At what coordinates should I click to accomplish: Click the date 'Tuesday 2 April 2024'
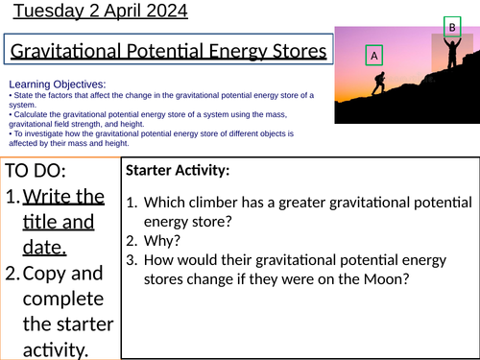(x=94, y=12)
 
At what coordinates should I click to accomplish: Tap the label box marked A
(x=376, y=57)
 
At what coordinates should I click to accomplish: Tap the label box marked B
(x=451, y=28)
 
